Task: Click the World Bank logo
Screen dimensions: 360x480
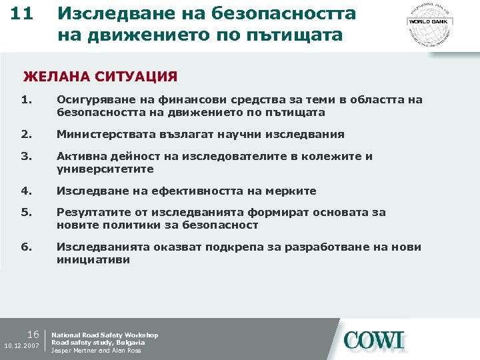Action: click(429, 21)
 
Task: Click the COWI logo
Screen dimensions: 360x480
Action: click(375, 340)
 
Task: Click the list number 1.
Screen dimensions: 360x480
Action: click(26, 100)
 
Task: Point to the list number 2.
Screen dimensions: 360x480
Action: click(26, 134)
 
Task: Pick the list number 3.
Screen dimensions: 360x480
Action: click(26, 156)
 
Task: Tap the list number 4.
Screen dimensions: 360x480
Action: click(26, 191)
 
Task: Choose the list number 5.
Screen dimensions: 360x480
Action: click(26, 213)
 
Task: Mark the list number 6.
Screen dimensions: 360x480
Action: click(26, 247)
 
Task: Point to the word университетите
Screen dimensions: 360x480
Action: click(105, 169)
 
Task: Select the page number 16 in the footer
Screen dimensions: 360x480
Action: click(34, 334)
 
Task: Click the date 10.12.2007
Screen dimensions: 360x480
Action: click(22, 347)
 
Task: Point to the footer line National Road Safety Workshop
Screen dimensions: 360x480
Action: click(105, 335)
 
